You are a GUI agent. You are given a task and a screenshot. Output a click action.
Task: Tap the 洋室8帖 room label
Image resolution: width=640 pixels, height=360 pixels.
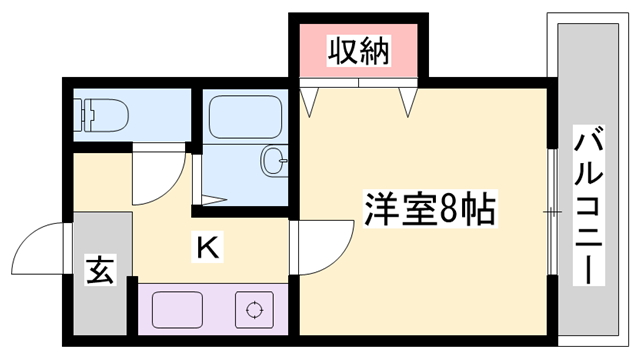429,211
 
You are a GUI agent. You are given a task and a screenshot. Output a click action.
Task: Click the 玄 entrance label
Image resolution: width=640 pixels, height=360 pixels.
100,270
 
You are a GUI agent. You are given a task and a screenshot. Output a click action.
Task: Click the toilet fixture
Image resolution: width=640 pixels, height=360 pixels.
98,114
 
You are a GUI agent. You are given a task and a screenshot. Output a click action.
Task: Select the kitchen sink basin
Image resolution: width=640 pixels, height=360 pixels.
175,310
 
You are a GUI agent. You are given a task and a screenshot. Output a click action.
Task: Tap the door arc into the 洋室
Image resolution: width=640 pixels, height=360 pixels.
322,245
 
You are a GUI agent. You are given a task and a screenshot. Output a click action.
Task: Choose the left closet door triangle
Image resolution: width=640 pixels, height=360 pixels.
312,100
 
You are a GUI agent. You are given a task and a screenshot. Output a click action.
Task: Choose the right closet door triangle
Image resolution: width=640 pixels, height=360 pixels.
408,100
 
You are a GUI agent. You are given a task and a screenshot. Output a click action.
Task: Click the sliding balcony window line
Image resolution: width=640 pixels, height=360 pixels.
553,212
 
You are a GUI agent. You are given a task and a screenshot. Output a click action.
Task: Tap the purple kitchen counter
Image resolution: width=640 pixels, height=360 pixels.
210,310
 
